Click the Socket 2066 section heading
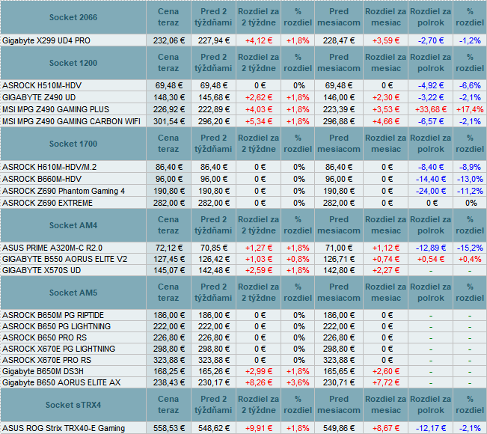73,17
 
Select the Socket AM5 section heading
73,293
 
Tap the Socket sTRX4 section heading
73,405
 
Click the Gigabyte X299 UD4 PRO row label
46,40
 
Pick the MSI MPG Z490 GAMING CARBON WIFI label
71,121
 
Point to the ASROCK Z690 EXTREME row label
48,204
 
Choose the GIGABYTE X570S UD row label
42,271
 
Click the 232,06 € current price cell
169,40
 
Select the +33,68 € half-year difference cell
431,110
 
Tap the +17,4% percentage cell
470,110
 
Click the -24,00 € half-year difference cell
431,191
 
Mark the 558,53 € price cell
169,429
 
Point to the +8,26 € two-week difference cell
259,382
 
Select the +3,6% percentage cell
298,382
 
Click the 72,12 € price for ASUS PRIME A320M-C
169,248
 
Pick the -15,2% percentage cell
470,248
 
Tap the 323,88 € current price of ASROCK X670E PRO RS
169,361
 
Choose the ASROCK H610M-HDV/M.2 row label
49,168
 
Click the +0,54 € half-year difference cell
431,260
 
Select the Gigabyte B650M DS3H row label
43,372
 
